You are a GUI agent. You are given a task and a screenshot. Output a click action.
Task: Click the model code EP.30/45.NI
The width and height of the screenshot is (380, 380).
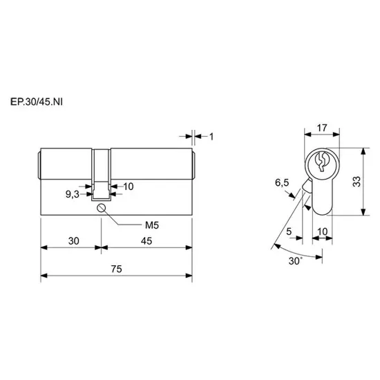pyautogui.click(x=37, y=102)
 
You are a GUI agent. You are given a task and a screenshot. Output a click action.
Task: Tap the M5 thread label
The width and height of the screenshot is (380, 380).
pyautogui.click(x=152, y=225)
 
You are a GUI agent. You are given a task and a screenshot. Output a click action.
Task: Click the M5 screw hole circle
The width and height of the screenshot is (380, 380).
pyautogui.click(x=101, y=208)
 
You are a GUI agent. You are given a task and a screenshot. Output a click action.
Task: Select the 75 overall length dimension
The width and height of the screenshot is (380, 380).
pyautogui.click(x=116, y=269)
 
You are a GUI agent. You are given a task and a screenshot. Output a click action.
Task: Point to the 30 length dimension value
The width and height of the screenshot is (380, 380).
pyautogui.click(x=74, y=241)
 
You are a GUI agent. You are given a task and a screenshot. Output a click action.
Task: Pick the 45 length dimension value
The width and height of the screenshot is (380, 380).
pyautogui.click(x=146, y=241)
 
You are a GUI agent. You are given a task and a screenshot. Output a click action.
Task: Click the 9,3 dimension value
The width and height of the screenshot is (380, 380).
pyautogui.click(x=73, y=194)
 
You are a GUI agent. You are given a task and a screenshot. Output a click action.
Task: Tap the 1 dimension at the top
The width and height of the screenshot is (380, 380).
pyautogui.click(x=211, y=137)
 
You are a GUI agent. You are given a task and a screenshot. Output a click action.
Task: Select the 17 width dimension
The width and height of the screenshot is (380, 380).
pyautogui.click(x=322, y=128)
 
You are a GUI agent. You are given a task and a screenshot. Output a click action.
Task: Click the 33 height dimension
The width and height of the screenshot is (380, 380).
pyautogui.click(x=357, y=182)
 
